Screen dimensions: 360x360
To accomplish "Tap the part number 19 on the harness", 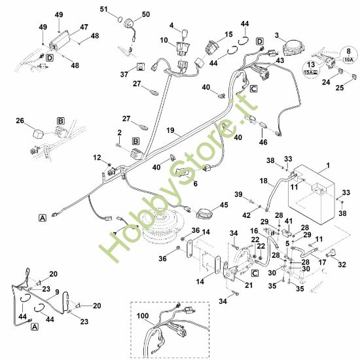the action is [x=170, y=130].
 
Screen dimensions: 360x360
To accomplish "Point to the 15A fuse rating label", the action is [x=311, y=72].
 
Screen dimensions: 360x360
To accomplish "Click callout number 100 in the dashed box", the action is [x=143, y=316].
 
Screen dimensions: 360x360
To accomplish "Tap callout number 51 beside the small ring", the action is [x=104, y=9].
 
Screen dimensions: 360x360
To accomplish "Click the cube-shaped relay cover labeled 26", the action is [x=38, y=134].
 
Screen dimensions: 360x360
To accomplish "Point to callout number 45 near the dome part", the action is [x=224, y=205].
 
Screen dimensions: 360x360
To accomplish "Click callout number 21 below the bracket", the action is [x=249, y=285].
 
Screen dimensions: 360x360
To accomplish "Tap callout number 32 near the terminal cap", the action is [x=342, y=264].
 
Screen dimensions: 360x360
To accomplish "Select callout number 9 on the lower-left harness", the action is [x=57, y=292].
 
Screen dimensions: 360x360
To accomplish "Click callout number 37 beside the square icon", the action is [x=124, y=74].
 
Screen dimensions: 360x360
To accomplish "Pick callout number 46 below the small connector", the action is [x=263, y=142].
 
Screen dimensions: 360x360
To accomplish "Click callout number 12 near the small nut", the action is [x=97, y=158].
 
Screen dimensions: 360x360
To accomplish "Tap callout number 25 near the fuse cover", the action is [x=340, y=88].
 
